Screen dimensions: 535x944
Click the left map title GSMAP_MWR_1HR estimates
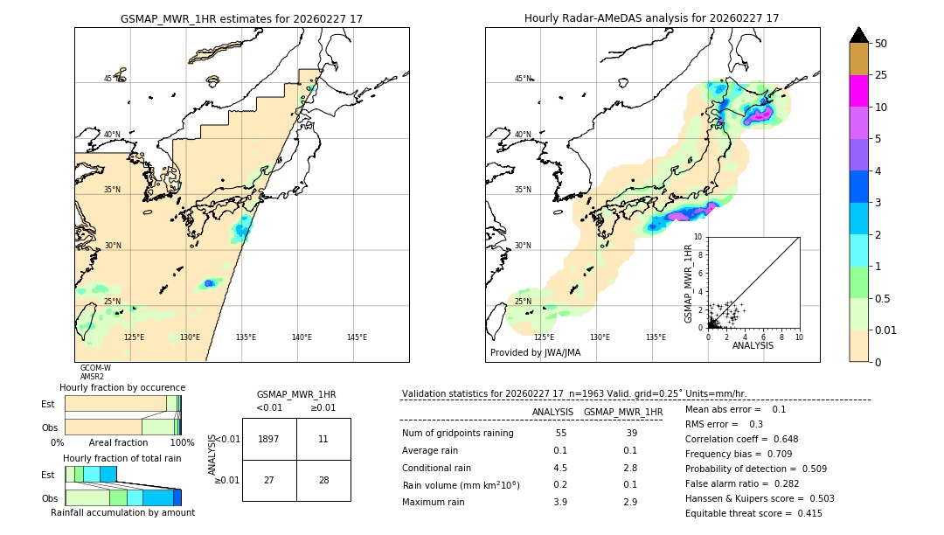pos(241,18)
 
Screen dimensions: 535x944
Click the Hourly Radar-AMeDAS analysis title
pos(651,18)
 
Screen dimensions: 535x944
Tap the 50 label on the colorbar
pos(881,44)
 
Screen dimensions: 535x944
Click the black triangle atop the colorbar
pos(859,35)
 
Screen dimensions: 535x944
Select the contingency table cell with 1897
pos(269,440)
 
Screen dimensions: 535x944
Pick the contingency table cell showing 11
pos(323,440)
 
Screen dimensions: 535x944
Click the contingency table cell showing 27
pos(269,481)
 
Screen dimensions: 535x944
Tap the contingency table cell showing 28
pos(323,481)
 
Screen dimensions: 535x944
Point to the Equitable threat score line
pos(753,513)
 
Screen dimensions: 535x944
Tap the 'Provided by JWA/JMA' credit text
pos(535,353)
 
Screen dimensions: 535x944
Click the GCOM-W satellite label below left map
pos(95,368)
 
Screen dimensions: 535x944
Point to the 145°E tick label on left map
pos(357,337)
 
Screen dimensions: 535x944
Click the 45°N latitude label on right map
pos(523,80)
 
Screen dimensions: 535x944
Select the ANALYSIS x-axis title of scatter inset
pos(753,345)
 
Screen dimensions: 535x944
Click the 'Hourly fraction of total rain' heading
pos(122,458)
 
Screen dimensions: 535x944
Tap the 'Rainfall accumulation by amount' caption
pos(122,513)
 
